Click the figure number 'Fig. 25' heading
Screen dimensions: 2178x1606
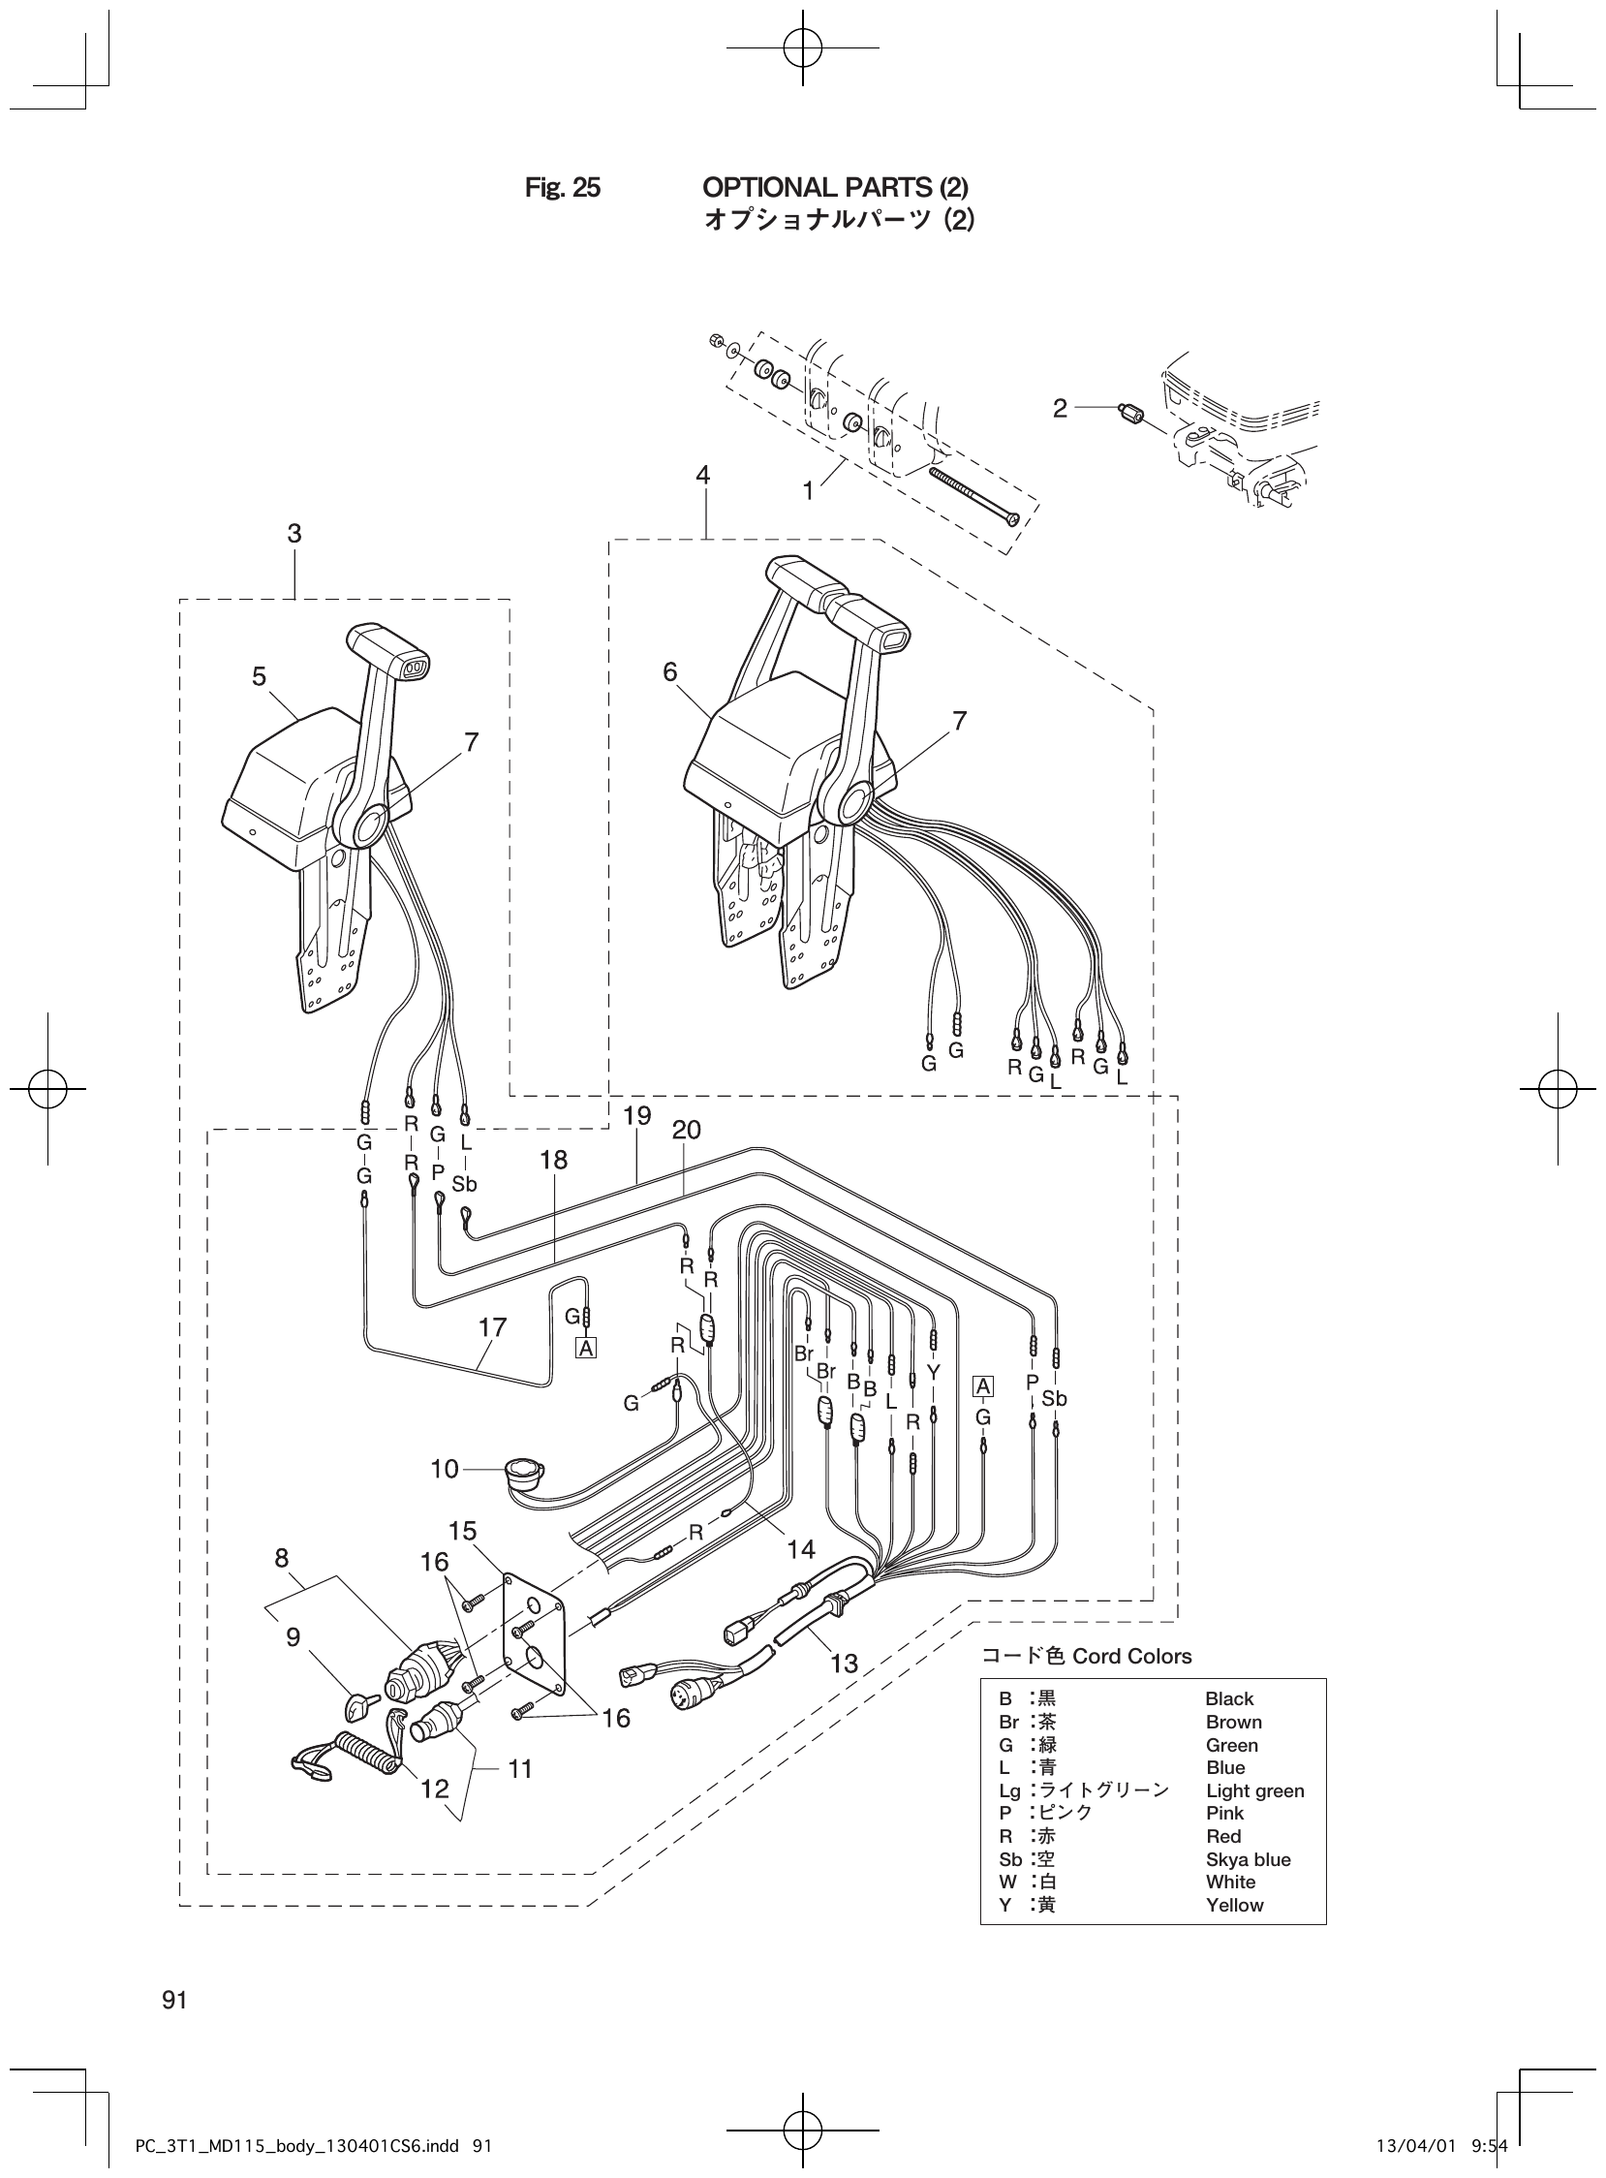pyautogui.click(x=562, y=188)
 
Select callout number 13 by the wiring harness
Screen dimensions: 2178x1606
pyautogui.click(x=844, y=1663)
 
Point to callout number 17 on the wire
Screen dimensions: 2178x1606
pyautogui.click(x=492, y=1327)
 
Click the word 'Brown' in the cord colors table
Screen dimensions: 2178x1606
pyautogui.click(x=1233, y=1722)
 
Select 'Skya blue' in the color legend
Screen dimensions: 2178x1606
pyautogui.click(x=1248, y=1859)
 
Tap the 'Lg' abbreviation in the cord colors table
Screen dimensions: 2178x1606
pyautogui.click(x=1009, y=1791)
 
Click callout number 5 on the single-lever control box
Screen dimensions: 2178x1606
pyautogui.click(x=259, y=676)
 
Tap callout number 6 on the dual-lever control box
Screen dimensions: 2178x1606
pyautogui.click(x=670, y=671)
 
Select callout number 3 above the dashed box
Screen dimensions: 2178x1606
pyautogui.click(x=293, y=533)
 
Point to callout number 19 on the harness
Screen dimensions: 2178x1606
pyautogui.click(x=636, y=1115)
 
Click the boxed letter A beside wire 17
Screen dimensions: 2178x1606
pyautogui.click(x=585, y=1348)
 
